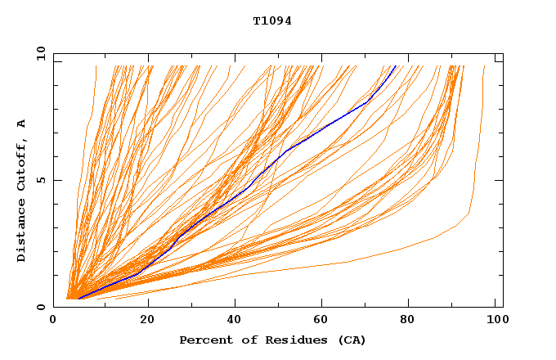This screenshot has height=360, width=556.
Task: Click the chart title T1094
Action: (272, 21)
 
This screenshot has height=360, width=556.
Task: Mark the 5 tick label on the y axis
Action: (40, 180)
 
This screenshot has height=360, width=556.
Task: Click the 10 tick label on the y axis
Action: (38, 53)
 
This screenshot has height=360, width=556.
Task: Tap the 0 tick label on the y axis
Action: (40, 307)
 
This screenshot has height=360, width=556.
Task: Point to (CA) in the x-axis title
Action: (352, 340)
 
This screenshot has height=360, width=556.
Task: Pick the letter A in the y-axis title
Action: (21, 123)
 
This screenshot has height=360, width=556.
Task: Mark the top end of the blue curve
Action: (396, 66)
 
